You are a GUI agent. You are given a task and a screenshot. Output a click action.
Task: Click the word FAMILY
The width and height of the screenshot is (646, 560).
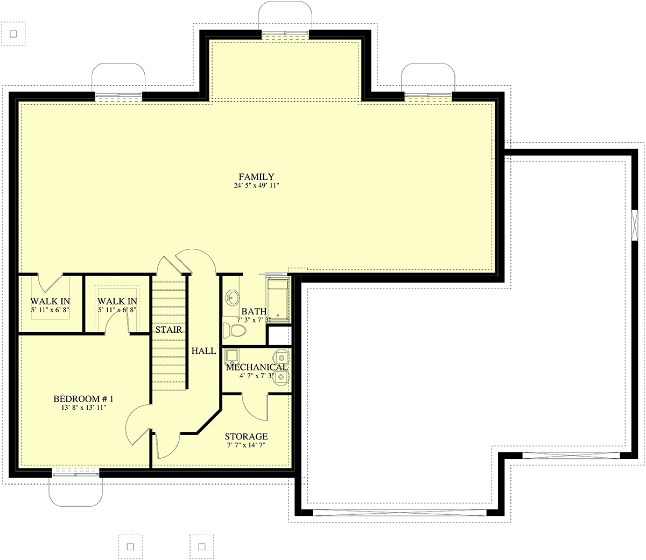tap(256, 177)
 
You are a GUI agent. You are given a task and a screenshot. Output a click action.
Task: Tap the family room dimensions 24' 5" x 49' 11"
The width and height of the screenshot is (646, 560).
tap(256, 185)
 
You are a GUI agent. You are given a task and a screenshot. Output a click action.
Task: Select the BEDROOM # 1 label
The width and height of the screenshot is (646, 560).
tap(83, 399)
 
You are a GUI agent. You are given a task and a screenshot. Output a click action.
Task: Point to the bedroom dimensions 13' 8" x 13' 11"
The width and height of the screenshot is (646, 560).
tap(84, 408)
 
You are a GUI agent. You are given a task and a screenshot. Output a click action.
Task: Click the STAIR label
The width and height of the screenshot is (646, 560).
tap(168, 330)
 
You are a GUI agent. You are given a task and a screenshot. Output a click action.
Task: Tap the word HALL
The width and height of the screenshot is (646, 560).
tap(204, 351)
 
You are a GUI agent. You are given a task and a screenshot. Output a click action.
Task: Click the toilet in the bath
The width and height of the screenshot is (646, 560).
tap(234, 331)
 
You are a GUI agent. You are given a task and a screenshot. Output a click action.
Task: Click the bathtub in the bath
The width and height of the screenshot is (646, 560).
tap(279, 299)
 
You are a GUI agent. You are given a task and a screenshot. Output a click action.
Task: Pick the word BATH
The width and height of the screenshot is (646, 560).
tap(254, 311)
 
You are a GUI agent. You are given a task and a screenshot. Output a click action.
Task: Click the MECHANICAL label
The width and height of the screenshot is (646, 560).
tap(256, 367)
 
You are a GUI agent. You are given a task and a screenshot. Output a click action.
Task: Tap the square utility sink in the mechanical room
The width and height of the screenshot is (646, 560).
tap(232, 356)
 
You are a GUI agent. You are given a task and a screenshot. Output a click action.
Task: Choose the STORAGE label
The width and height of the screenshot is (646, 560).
tap(246, 437)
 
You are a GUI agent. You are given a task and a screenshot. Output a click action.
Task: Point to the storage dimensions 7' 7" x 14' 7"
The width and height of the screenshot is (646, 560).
tap(246, 445)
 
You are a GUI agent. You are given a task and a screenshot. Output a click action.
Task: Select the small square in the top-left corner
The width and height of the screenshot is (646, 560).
tap(13, 34)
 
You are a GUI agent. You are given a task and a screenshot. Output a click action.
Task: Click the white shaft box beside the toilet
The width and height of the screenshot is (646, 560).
tap(279, 335)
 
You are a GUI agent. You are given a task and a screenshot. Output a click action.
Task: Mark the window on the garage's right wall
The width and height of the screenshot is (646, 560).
tap(634, 226)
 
